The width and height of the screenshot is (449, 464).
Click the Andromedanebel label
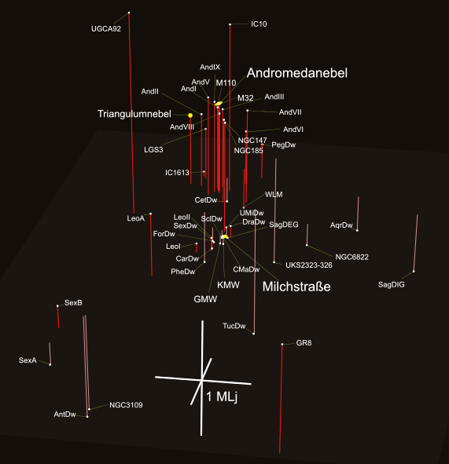(297, 73)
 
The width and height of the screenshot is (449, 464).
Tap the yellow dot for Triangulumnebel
(190, 115)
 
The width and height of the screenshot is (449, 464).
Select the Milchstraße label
(296, 287)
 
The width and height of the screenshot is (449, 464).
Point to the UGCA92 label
(106, 29)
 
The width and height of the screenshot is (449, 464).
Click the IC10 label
(259, 24)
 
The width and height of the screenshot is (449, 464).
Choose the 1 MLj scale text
(222, 397)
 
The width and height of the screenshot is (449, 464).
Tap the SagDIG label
(392, 285)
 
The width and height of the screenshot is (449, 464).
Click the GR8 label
(304, 343)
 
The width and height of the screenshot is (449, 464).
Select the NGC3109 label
(126, 405)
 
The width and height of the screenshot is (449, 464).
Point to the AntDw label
(65, 415)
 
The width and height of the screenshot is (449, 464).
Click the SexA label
(28, 360)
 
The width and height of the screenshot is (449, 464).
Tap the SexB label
(73, 303)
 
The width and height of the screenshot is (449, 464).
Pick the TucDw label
(234, 326)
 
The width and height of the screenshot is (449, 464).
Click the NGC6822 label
(351, 257)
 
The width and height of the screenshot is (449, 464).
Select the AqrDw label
(341, 225)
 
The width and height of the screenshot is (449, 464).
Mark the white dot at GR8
(282, 344)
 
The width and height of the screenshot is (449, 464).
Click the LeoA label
(136, 218)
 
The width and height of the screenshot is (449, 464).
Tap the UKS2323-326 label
(309, 265)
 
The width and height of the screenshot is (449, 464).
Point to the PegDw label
(284, 145)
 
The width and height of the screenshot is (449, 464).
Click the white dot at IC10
(230, 24)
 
